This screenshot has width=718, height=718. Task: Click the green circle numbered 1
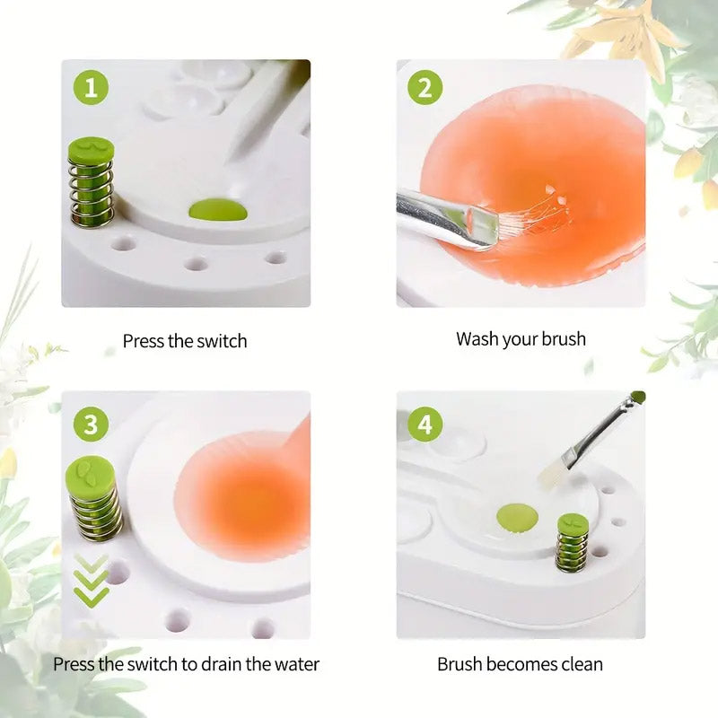coord(91,88)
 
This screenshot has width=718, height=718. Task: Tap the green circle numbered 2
coord(425,88)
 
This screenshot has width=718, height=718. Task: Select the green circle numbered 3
coord(91,423)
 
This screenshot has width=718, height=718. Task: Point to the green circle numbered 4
coord(425,423)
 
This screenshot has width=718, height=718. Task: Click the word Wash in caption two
coord(477,339)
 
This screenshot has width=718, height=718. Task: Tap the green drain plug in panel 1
coord(218,211)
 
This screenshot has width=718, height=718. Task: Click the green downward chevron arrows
coord(92,580)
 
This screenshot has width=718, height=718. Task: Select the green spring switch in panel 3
coord(92,498)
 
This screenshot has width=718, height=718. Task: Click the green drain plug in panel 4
coord(516,516)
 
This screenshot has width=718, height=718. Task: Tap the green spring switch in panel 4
coord(572,542)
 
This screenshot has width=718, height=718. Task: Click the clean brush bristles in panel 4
coord(551,473)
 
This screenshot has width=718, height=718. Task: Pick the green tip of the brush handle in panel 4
coord(638,397)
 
